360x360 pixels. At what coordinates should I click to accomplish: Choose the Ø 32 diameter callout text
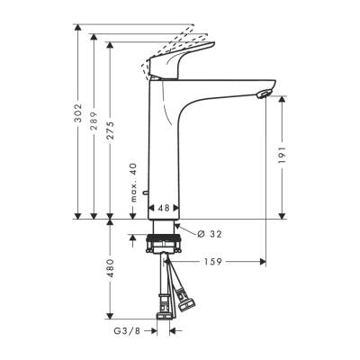pos(209,235)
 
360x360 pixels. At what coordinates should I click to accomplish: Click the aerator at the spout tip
pos(262,94)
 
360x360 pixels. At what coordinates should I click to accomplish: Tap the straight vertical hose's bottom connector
pos(165,310)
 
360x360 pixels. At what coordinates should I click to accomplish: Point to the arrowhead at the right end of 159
pos(263,263)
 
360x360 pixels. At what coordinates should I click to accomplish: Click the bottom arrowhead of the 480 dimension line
pos(110,319)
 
